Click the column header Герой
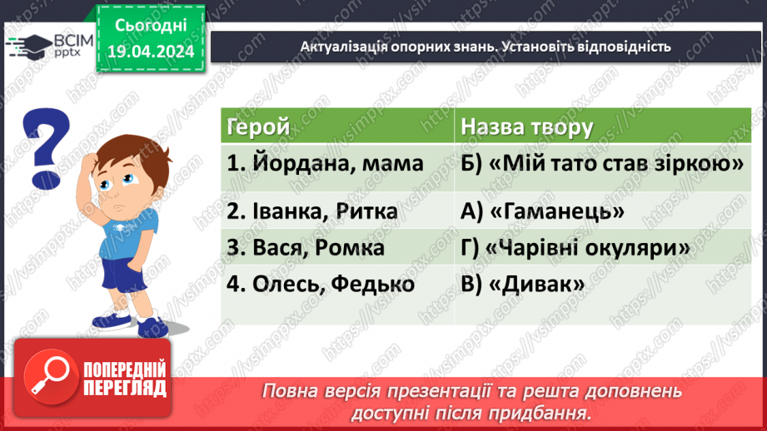[x=259, y=127]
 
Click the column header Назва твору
[x=526, y=127]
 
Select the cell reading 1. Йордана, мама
[x=325, y=164]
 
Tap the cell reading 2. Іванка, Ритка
[x=312, y=212]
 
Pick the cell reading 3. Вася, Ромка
[x=306, y=248]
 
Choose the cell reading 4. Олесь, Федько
[x=321, y=284]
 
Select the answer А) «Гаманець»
[x=542, y=212]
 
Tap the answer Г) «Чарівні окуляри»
[x=575, y=248]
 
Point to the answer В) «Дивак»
[x=522, y=284]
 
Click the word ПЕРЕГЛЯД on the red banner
[x=125, y=387]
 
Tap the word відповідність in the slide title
[x=618, y=47]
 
